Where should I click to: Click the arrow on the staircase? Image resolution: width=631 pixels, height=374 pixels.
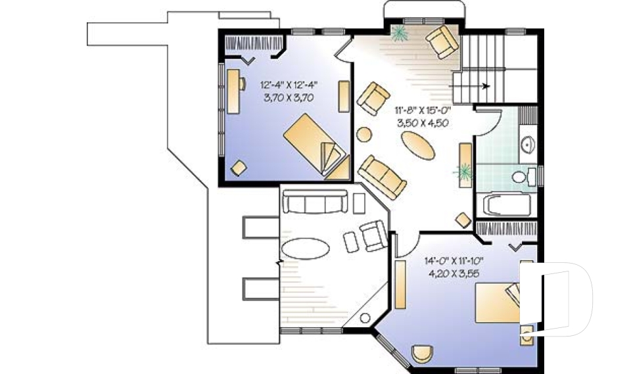485,85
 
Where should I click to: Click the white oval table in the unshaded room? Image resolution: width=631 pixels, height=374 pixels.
305,250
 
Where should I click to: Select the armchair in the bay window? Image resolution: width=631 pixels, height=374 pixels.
441,42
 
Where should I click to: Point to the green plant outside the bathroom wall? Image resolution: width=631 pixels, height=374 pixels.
463,172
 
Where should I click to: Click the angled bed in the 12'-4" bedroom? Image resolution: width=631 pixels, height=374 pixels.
317,145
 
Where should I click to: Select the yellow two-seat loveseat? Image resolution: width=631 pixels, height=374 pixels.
382,176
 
